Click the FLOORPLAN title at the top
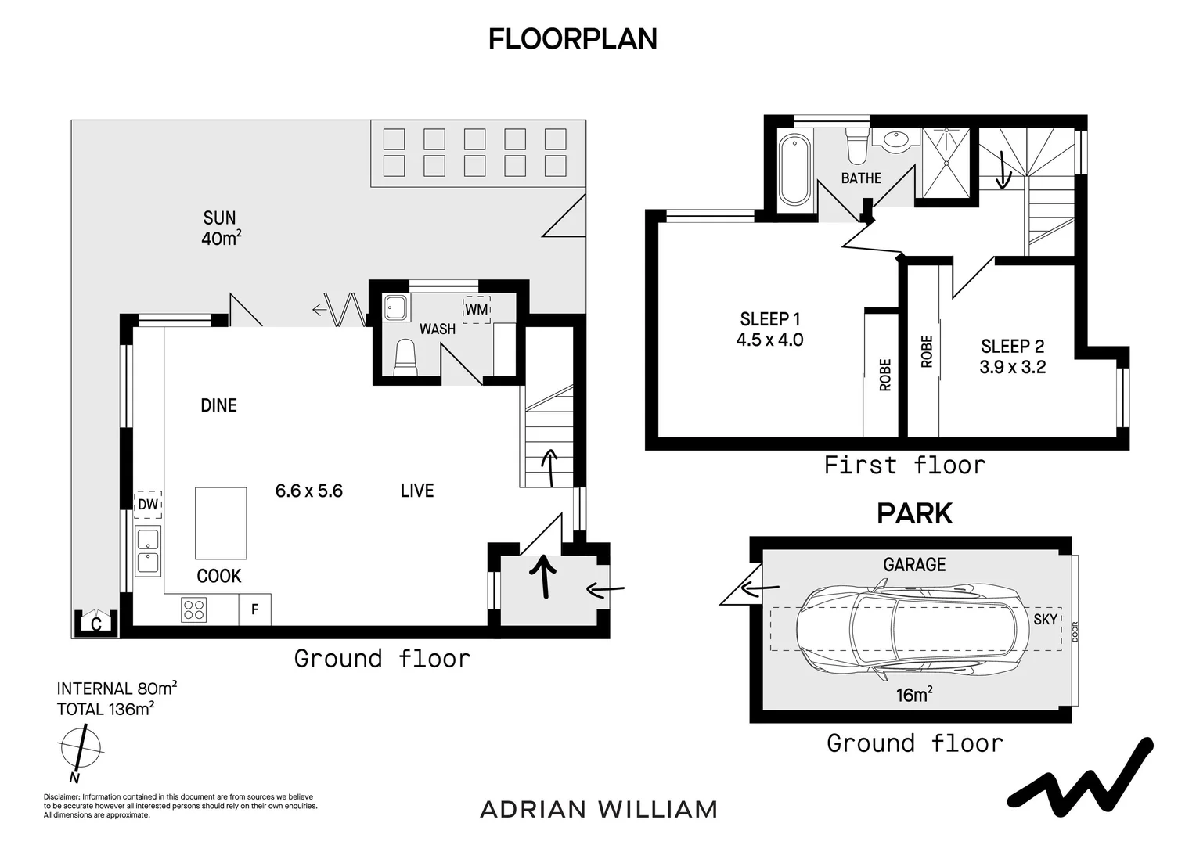point(572,38)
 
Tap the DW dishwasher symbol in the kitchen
point(148,505)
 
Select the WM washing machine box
point(476,309)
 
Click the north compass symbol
point(80,747)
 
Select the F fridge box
point(255,609)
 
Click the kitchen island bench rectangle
point(221,523)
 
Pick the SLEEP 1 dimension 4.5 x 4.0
point(769,340)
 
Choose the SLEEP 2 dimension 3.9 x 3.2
point(1012,367)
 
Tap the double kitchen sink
point(147,552)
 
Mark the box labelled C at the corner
point(95,624)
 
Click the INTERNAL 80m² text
point(117,689)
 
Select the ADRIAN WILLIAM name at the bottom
point(598,809)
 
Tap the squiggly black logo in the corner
point(1080,774)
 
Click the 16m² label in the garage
point(913,694)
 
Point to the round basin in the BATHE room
point(895,141)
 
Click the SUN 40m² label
point(220,228)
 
